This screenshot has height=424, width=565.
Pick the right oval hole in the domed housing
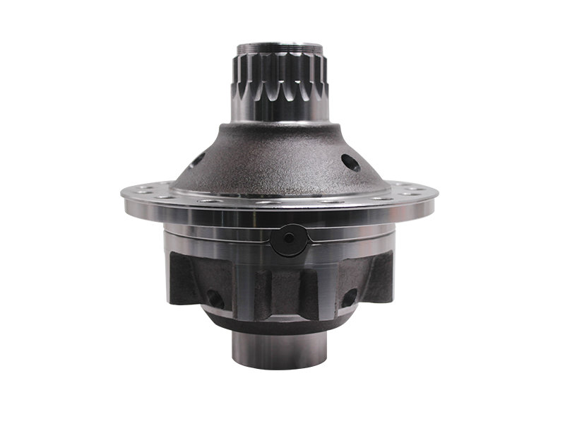[352, 163]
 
